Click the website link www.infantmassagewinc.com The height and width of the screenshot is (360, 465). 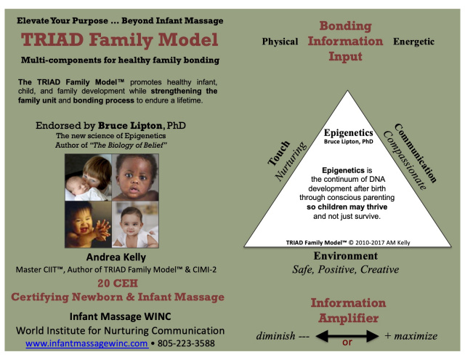87,343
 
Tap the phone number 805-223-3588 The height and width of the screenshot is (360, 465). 186,343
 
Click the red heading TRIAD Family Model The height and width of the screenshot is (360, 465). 119,40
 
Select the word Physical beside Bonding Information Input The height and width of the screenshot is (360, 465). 280,41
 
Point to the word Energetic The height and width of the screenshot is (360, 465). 413,42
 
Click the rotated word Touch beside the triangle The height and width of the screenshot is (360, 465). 279,153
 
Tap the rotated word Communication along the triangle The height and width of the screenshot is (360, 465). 416,153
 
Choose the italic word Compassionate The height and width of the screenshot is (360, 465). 405,160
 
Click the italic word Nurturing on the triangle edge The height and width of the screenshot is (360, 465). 291,161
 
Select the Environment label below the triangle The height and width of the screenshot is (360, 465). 346,256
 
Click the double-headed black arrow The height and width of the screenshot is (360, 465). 347,336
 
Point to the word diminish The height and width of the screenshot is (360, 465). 275,336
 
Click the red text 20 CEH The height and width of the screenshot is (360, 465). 118,284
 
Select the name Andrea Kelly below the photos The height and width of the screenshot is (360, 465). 116,257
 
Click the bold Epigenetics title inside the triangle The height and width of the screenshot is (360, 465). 349,132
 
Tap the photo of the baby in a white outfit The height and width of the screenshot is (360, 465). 135,225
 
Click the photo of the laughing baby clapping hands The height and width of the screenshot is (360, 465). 89,225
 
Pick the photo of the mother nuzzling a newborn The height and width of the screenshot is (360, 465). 89,177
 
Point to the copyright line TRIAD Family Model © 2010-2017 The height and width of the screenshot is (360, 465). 348,243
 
